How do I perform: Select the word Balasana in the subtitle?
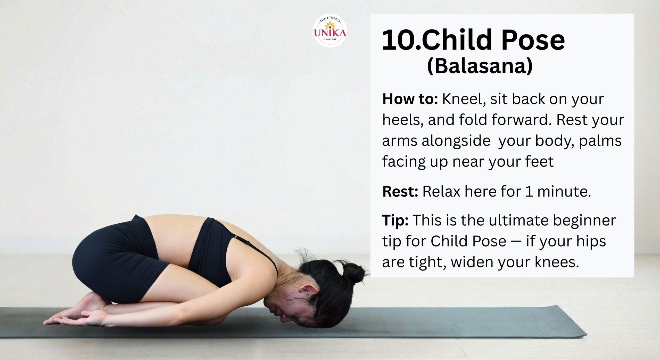click(x=480, y=66)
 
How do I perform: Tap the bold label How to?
click(x=410, y=99)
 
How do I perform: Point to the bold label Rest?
click(x=400, y=192)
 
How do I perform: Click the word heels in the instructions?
click(x=403, y=120)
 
